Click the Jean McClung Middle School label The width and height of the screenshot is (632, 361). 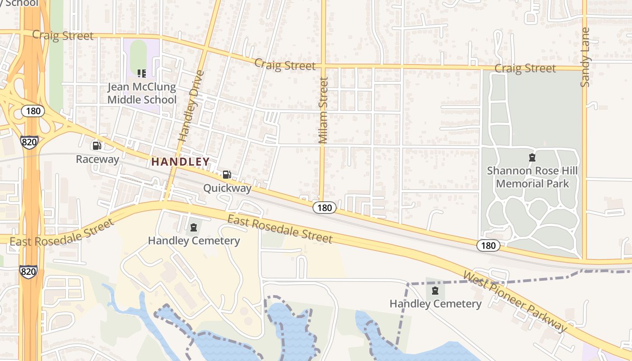pos(142,93)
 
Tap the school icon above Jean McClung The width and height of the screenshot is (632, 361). pos(142,73)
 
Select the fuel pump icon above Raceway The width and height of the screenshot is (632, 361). pos(97,145)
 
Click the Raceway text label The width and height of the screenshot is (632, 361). pos(98,159)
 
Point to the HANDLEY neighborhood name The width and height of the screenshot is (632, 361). pos(181,162)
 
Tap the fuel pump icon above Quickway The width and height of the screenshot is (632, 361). pos(227,175)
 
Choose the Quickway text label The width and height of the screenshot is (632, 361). pos(227,188)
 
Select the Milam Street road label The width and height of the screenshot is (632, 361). pos(323,111)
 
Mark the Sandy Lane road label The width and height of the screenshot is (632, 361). pos(586,57)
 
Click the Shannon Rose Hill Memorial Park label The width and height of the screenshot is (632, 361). pos(532,177)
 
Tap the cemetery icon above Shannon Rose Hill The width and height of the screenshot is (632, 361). pos(532,157)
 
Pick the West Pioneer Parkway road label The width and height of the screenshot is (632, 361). pos(515,301)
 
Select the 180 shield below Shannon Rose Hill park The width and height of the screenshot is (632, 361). pos(488,246)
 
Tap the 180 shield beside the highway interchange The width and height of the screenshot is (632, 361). pos(33,111)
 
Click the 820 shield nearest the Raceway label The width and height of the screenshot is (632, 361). pos(29,142)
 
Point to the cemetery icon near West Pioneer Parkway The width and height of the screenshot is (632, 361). pos(435,291)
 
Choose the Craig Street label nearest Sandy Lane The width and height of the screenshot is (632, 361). pos(525,69)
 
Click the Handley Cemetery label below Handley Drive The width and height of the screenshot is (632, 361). pos(194,241)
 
